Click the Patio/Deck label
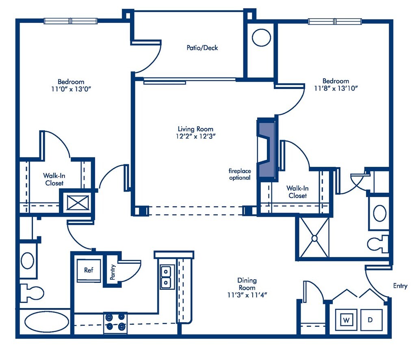click(202, 48)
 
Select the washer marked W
click(346, 320)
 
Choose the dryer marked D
click(371, 320)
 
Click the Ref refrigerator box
click(89, 270)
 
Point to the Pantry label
click(113, 272)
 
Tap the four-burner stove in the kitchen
click(115, 323)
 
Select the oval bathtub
click(47, 321)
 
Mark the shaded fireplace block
click(266, 150)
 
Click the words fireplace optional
click(240, 174)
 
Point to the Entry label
click(400, 286)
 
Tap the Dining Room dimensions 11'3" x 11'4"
click(247, 295)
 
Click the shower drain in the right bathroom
click(314, 238)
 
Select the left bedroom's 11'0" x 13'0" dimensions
click(71, 89)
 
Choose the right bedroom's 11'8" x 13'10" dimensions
click(336, 88)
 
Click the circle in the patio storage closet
click(261, 38)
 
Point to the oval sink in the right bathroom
click(380, 213)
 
